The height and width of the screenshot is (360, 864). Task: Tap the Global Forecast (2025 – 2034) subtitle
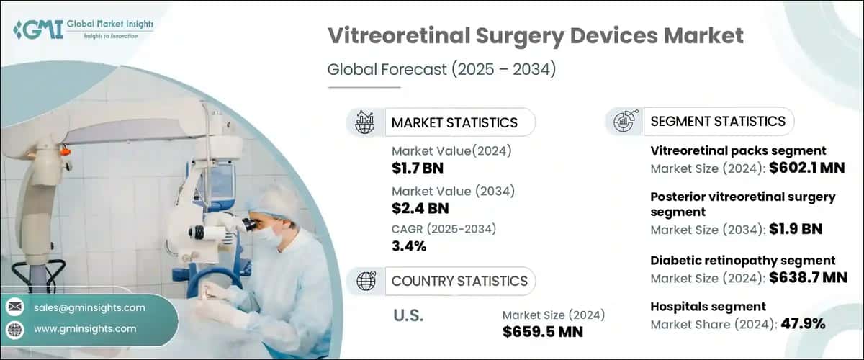click(442, 70)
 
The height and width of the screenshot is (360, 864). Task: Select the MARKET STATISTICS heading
click(454, 122)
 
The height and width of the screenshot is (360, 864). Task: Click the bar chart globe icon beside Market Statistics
click(364, 122)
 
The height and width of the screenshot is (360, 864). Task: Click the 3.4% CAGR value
click(409, 247)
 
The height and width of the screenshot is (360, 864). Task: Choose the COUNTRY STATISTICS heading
click(459, 281)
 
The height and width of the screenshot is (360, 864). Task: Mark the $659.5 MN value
click(542, 332)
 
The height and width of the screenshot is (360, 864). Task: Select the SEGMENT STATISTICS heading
click(718, 121)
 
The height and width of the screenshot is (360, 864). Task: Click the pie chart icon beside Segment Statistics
click(624, 121)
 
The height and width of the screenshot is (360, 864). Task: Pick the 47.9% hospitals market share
click(801, 324)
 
